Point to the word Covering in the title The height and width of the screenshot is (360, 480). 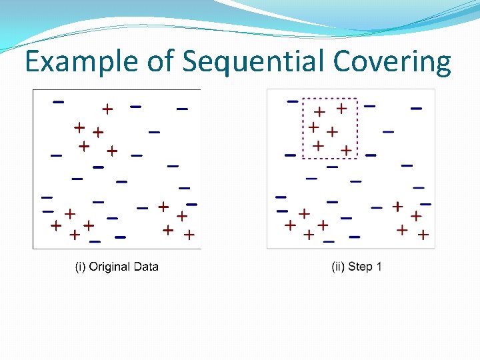(x=393, y=62)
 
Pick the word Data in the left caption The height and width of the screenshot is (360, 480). (x=146, y=267)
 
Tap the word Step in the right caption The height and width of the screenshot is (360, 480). (x=361, y=267)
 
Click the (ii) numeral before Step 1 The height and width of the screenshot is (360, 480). (x=338, y=267)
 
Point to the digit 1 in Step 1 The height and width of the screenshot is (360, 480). (x=379, y=267)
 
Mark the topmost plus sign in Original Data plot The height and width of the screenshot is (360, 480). (x=107, y=108)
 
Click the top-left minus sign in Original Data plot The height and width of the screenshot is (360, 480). (x=59, y=102)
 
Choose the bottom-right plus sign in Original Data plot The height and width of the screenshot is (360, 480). (x=189, y=234)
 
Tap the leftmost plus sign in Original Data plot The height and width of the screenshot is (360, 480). (x=56, y=225)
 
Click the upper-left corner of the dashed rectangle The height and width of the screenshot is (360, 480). (x=303, y=99)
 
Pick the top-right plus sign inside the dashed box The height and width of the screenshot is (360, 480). (x=341, y=107)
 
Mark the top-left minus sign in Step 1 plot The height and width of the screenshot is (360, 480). (x=292, y=101)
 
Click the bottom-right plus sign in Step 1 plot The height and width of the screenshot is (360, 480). (x=423, y=234)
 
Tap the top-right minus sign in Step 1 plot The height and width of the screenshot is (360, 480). (x=416, y=107)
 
